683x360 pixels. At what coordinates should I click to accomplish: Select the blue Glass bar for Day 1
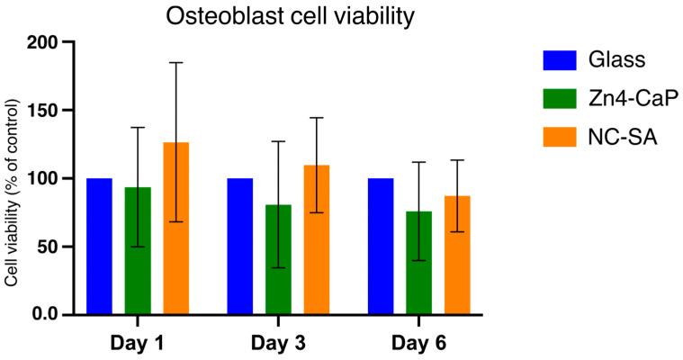[99, 247]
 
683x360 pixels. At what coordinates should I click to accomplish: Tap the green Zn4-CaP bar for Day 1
[138, 251]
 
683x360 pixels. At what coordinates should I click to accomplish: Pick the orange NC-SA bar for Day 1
[176, 229]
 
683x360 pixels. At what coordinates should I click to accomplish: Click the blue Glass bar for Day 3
[240, 247]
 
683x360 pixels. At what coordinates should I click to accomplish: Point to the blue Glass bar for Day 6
[381, 247]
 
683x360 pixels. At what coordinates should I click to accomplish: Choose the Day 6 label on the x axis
[419, 344]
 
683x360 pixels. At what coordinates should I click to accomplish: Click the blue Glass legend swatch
[558, 60]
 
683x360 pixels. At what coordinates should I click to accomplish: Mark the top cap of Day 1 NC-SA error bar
[176, 63]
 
